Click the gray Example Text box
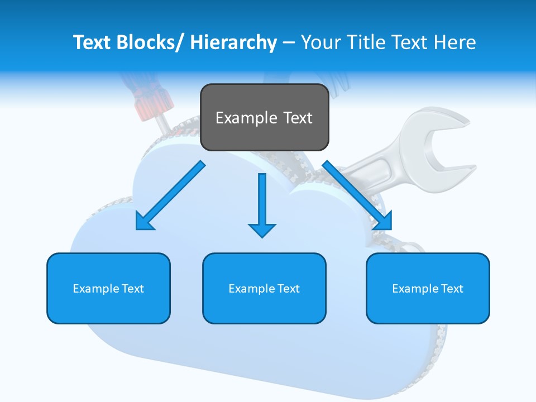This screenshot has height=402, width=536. click(264, 117)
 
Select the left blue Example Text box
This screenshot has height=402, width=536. click(108, 288)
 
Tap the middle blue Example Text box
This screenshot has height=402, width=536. click(264, 288)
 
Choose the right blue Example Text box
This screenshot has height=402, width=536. click(428, 288)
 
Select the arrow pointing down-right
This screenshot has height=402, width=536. click(357, 195)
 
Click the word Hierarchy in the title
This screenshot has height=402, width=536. click(233, 42)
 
